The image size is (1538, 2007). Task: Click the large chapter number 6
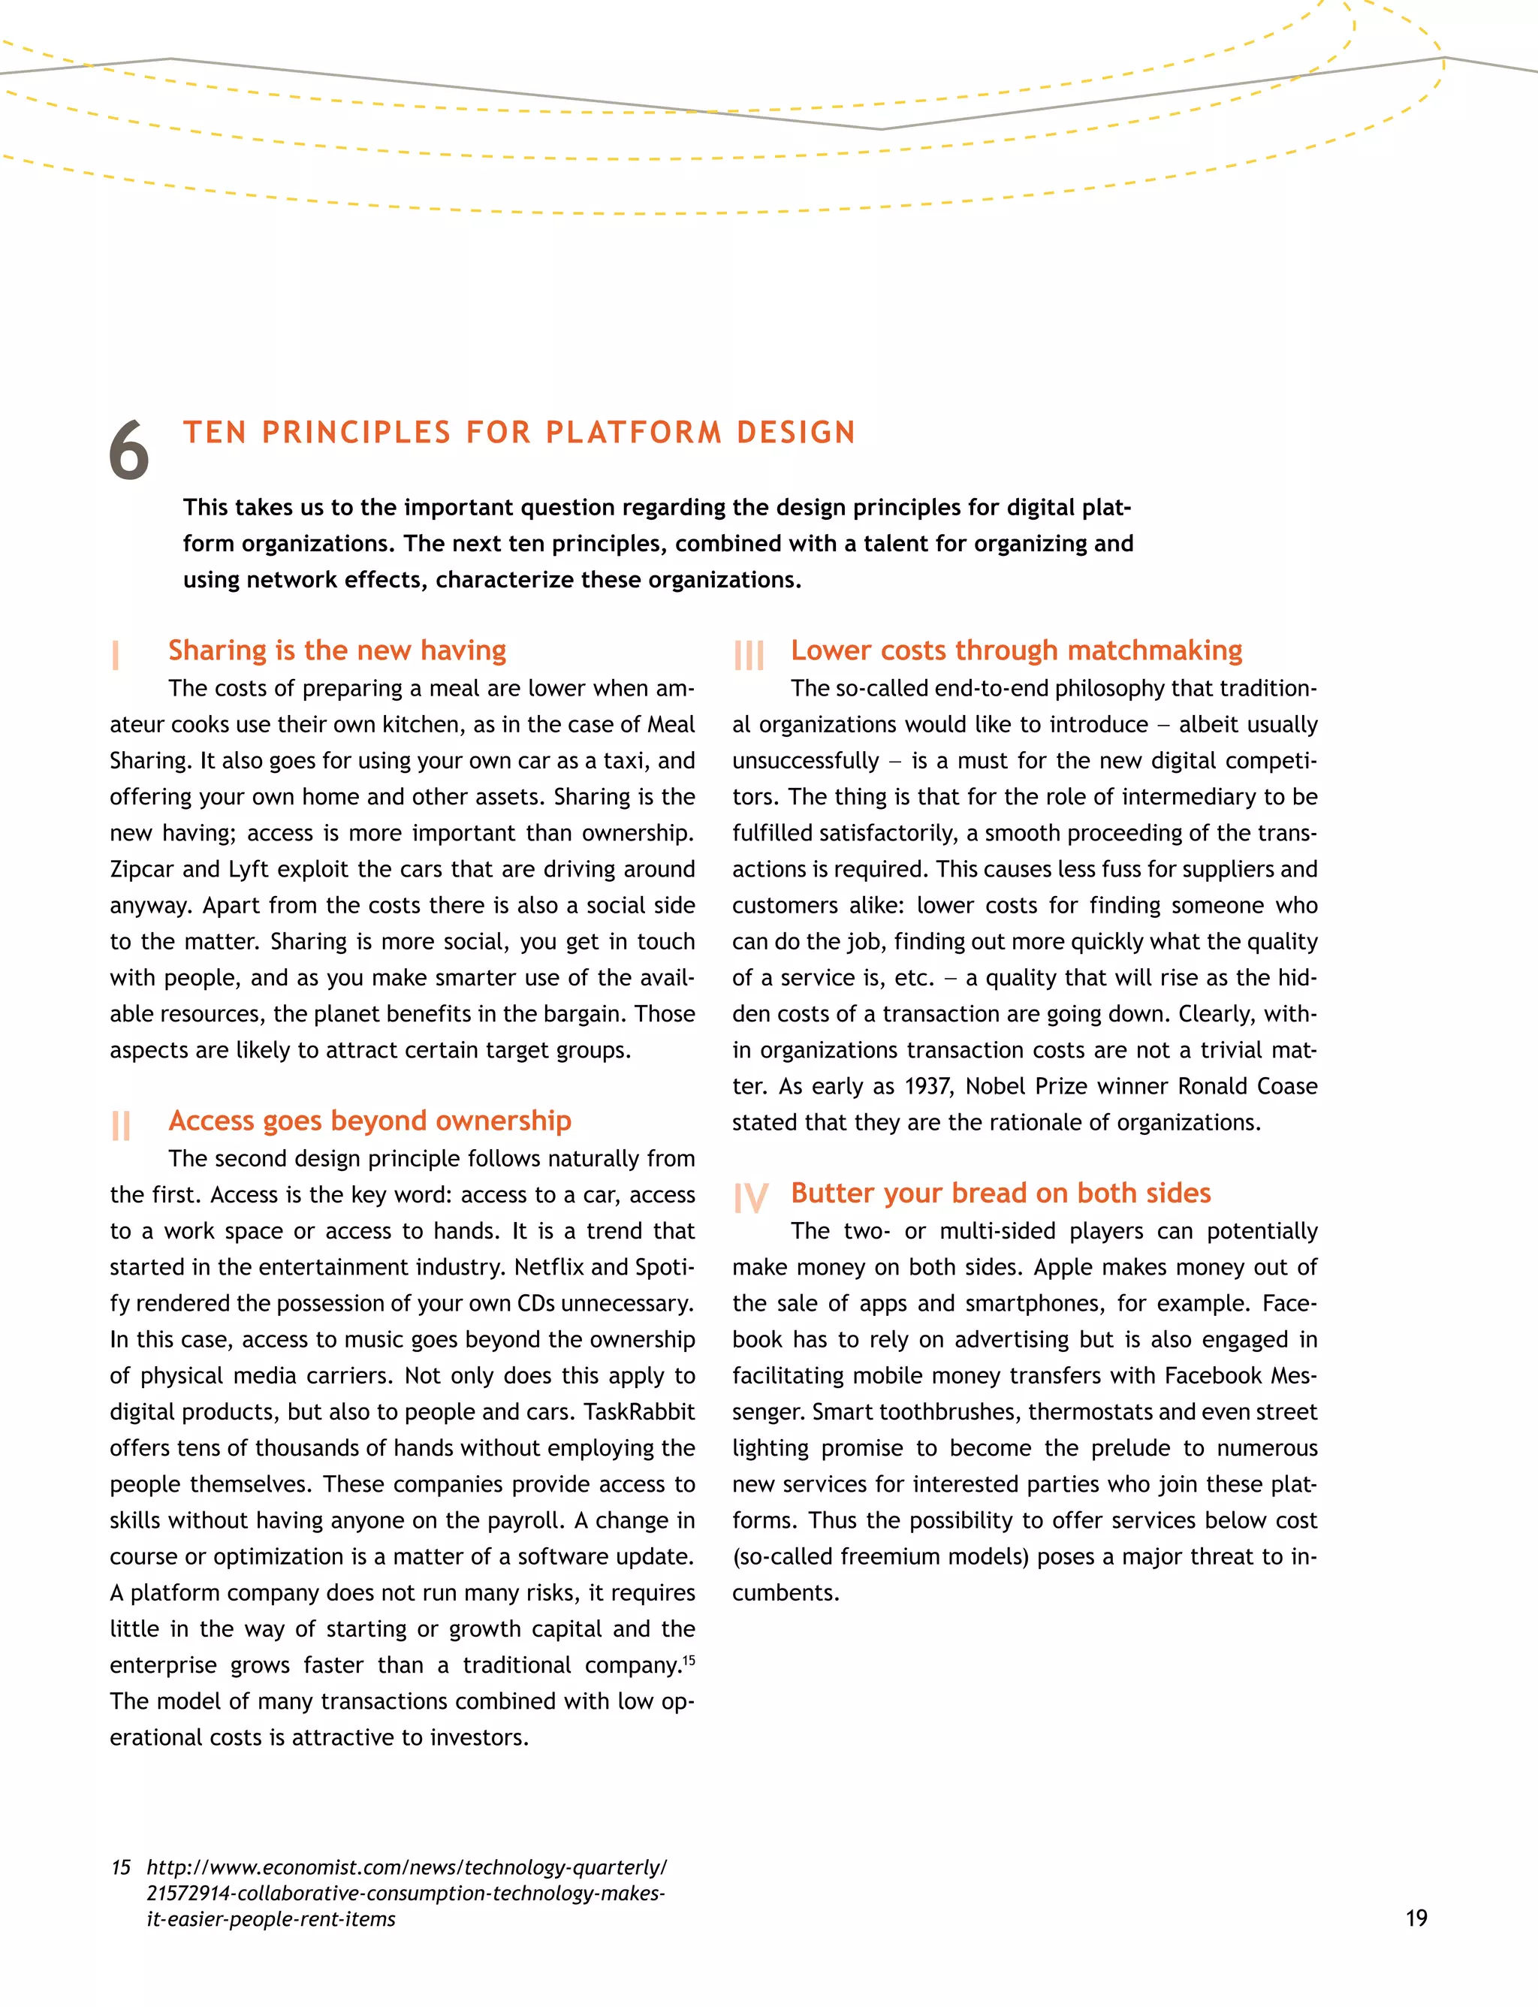tap(129, 451)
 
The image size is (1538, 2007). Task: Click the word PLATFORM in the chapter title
tap(634, 432)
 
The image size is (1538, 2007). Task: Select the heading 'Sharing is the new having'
tap(337, 650)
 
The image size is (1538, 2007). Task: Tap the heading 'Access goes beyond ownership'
tap(369, 1121)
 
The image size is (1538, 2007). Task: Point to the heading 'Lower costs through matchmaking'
tap(1016, 650)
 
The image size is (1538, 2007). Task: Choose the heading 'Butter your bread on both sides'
tap(1000, 1193)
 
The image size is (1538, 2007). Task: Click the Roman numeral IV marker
tap(751, 1197)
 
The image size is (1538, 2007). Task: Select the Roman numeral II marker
tap(120, 1125)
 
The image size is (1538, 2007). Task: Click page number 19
tap(1416, 1918)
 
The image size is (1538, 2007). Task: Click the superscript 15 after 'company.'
tap(689, 1659)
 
